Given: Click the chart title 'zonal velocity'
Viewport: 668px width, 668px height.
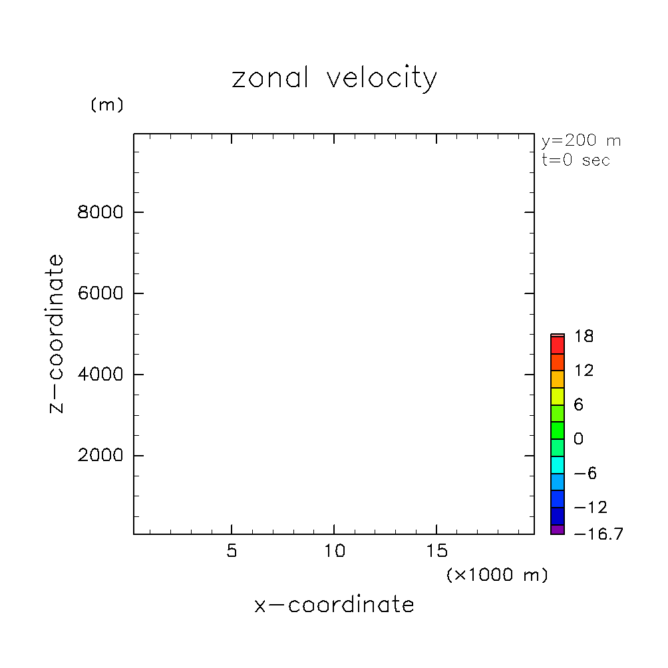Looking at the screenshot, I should coord(334,79).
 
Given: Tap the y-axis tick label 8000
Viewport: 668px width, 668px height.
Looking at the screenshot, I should coord(100,213).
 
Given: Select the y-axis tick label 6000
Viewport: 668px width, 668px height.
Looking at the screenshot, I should coord(100,293).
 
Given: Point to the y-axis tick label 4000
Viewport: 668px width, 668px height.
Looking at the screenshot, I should coord(100,375).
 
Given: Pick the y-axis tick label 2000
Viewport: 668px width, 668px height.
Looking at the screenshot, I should coord(100,456).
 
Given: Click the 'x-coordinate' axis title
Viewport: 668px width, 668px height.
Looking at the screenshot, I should coord(334,605).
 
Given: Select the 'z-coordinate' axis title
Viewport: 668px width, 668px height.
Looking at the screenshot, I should coord(57,334).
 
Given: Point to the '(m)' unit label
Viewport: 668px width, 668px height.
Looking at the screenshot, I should coord(106,105).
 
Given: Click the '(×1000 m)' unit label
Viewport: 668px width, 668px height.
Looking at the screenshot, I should coord(497,575).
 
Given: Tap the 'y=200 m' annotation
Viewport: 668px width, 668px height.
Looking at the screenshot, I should coord(581,141).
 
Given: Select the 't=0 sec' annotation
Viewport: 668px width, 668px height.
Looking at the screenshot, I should coord(576,160).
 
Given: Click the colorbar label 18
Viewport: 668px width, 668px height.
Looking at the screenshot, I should coord(585,337).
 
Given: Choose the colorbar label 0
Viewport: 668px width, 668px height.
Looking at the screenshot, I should coord(578,439).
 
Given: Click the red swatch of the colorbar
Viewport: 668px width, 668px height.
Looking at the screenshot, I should coord(558,345).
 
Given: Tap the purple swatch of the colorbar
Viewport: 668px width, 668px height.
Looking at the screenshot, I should coord(558,530).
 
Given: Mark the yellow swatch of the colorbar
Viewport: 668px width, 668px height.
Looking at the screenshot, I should coord(558,397).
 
